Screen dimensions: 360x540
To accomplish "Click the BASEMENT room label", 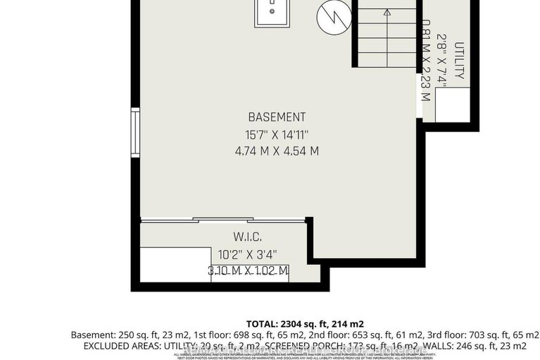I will pos(277,117).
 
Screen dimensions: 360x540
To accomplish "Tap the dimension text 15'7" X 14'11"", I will pos(277,134).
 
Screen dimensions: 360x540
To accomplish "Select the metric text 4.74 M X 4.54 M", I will pos(277,151).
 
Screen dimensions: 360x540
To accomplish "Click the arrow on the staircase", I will pos(387,12).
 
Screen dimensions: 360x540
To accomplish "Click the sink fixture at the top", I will pos(271,11).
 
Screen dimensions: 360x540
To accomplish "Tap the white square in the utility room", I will pos(451,106).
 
